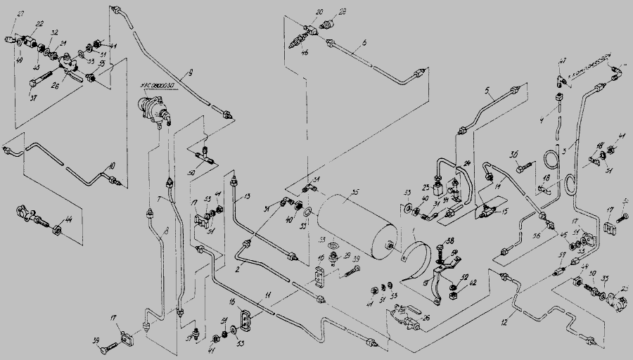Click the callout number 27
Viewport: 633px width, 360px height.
20,15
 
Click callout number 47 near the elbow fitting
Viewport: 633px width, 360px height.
563,62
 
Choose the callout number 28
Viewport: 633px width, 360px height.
343,13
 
